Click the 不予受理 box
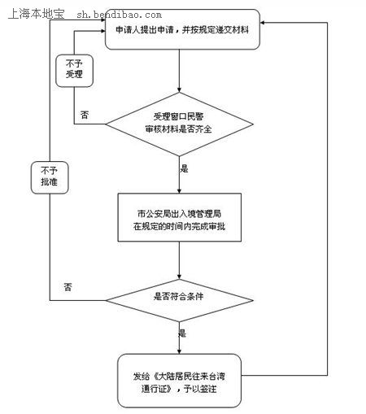click(74, 71)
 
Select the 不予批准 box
click(50, 177)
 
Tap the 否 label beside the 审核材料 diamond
click(85, 115)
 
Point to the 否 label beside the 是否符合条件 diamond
click(68, 287)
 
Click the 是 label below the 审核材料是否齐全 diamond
click(184, 168)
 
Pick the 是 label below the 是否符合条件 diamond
click(182, 333)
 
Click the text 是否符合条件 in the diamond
click(178, 296)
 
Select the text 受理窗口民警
click(178, 116)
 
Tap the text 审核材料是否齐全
click(178, 129)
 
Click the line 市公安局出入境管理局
click(179, 214)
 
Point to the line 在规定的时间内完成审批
click(179, 226)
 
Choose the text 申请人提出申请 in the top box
click(145, 29)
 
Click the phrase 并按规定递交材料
click(215, 29)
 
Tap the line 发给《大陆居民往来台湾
click(179, 377)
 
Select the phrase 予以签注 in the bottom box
click(200, 389)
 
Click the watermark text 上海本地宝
click(37, 14)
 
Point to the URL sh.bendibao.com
click(119, 15)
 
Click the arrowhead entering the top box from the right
click(262, 23)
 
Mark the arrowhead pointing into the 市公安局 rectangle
click(179, 191)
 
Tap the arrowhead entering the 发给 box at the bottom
click(179, 351)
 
